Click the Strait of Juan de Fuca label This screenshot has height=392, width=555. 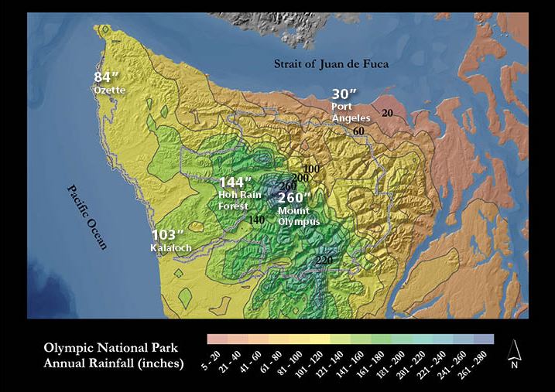(x=331, y=64)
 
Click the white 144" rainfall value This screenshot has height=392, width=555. (x=235, y=182)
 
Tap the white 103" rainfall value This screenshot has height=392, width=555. (x=168, y=234)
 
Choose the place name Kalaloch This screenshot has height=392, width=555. (x=170, y=247)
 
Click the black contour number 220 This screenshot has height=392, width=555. (x=324, y=261)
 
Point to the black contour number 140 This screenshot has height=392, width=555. (x=257, y=220)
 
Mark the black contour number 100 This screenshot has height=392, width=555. (x=311, y=169)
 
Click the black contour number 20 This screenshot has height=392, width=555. (x=388, y=114)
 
